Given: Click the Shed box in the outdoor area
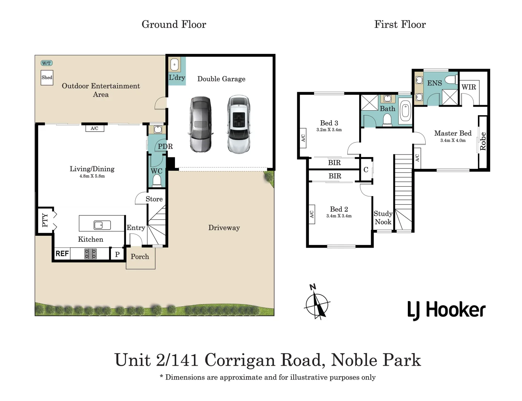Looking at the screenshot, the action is (47, 78).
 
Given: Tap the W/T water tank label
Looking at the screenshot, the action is (46, 63).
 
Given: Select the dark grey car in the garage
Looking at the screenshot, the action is (201, 124).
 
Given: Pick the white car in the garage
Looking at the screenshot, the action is (239, 124).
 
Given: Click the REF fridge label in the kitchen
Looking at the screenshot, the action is (62, 254).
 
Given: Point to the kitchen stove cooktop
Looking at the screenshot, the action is (90, 254).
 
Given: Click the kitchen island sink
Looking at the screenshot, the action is (102, 225).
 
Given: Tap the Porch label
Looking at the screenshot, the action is (140, 257).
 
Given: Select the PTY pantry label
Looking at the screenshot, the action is (45, 220).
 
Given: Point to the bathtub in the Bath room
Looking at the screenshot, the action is (405, 113).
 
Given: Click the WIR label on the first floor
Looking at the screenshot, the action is (469, 87).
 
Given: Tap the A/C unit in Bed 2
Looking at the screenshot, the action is (312, 214).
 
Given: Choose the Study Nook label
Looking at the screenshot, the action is (383, 218).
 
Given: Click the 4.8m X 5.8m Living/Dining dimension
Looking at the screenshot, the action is (92, 176).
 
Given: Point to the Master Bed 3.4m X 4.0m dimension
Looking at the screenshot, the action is (453, 140).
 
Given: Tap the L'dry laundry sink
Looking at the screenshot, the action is (174, 65).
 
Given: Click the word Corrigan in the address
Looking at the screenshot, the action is (239, 361).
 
